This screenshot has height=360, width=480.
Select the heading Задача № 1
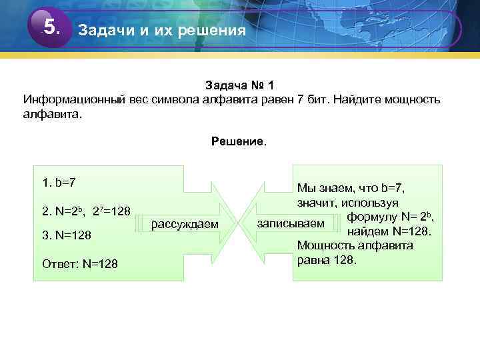pyautogui.click(x=239, y=86)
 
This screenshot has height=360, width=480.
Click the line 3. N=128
pyautogui.click(x=67, y=235)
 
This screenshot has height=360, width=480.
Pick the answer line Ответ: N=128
pyautogui.click(x=79, y=264)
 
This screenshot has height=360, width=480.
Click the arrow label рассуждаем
pyautogui.click(x=185, y=223)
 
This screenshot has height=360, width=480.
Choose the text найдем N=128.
pyautogui.click(x=391, y=231)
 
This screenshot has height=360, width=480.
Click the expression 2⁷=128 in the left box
pyautogui.click(x=111, y=211)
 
